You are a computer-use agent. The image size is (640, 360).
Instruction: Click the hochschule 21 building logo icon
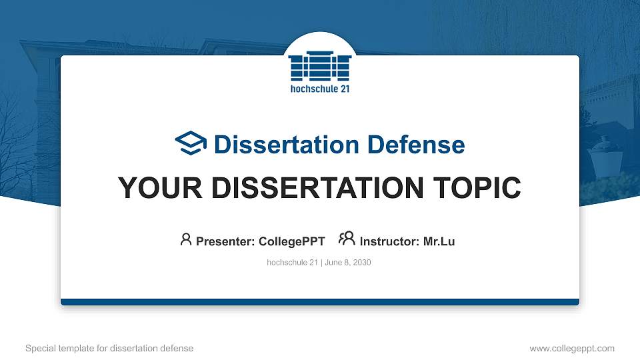[x=319, y=66]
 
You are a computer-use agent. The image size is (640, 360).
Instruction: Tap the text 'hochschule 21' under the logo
[x=320, y=89]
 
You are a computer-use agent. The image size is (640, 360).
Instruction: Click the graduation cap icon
[x=191, y=143]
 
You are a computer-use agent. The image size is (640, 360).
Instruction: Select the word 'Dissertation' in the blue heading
[x=287, y=145]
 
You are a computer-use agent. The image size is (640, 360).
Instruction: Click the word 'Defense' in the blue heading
[x=416, y=145]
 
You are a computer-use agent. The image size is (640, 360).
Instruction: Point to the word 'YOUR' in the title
[x=160, y=188]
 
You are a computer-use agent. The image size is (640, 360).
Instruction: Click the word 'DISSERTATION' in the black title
[x=317, y=188]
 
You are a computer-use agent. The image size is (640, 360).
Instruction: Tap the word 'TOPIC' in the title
[x=477, y=188]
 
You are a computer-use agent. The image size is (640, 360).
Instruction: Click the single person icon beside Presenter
[x=186, y=239]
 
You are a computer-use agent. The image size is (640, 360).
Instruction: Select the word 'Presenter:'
[x=225, y=241]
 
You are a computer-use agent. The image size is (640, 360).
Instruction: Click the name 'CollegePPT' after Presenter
[x=292, y=241]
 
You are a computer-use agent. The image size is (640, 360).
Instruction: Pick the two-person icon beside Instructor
[x=347, y=239]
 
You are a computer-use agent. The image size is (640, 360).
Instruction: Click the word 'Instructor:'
[x=389, y=241]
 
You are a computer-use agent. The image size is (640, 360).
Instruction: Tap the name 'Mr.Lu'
[x=439, y=241]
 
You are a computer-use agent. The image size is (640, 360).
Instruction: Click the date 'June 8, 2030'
[x=348, y=263]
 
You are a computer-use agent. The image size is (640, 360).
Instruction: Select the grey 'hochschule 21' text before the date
[x=292, y=263]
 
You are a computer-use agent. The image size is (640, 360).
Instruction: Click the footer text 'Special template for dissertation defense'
[x=109, y=348]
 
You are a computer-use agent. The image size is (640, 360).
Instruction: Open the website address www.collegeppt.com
[x=572, y=348]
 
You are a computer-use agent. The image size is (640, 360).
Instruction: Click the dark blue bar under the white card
[x=320, y=302]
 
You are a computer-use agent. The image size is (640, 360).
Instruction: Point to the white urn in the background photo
[x=605, y=157]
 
